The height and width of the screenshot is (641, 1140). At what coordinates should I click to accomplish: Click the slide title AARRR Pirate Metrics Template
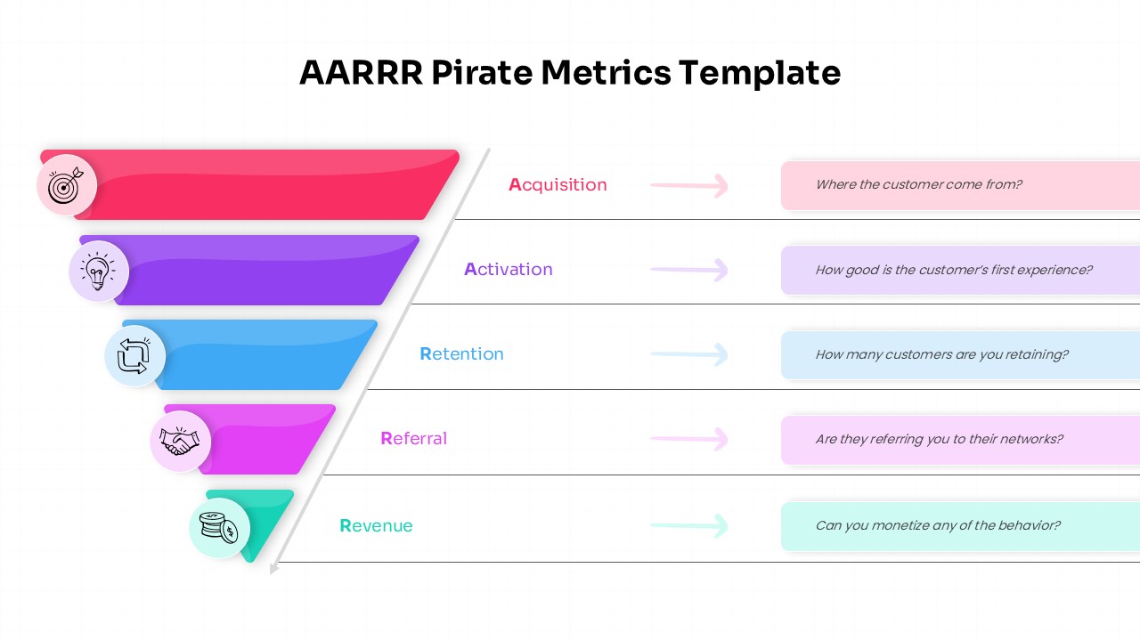pos(570,73)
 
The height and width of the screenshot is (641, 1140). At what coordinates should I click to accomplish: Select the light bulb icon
pos(98,271)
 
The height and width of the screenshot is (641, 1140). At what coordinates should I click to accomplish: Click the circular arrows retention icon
pos(134,356)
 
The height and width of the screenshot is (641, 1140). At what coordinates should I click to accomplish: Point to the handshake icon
pos(180,441)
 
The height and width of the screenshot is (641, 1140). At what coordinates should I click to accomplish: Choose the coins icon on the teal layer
pos(218,527)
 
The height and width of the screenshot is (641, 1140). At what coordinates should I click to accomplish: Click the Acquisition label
pos(558,185)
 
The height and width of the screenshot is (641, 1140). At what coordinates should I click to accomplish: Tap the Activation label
pos(509,270)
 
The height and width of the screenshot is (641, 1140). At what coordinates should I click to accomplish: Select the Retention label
pos(461,354)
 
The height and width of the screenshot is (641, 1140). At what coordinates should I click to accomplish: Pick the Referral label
pos(413,439)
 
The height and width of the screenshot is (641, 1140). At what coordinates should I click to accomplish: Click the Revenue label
pos(376,526)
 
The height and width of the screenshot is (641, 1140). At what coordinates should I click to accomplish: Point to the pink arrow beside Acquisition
pos(689,185)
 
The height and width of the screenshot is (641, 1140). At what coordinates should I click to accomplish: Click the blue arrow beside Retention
pos(689,354)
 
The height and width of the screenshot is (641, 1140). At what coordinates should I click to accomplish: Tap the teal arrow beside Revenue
pos(689,525)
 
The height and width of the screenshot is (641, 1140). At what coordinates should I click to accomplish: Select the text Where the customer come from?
pos(918,185)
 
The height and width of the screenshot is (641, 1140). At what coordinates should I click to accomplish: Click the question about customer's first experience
pos(953,270)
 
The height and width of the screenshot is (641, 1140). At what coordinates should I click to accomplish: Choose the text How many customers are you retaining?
pos(941,354)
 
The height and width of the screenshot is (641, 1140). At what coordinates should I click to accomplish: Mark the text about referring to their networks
pos(939,439)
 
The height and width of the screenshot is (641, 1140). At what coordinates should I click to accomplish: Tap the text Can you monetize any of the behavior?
pos(938,525)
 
